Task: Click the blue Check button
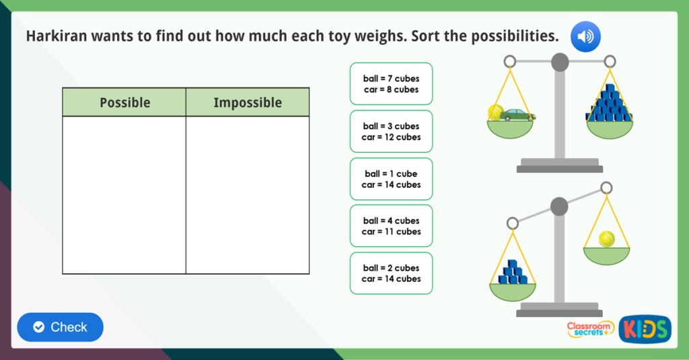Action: pyautogui.click(x=61, y=327)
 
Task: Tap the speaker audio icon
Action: pyautogui.click(x=585, y=37)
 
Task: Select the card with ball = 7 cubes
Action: pyautogui.click(x=391, y=84)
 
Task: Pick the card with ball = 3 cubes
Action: pyautogui.click(x=391, y=131)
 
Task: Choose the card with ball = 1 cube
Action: pyautogui.click(x=391, y=179)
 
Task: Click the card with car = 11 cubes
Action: pyautogui.click(x=391, y=226)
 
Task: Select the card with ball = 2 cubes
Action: pyautogui.click(x=391, y=273)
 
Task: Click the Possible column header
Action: pyautogui.click(x=124, y=102)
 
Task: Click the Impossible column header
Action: pyautogui.click(x=248, y=102)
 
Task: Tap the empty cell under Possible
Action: pyautogui.click(x=124, y=195)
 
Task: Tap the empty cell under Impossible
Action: pyautogui.click(x=248, y=195)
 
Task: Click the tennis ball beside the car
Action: pyautogui.click(x=495, y=112)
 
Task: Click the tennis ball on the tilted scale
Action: pyautogui.click(x=607, y=238)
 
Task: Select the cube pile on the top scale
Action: pyautogui.click(x=610, y=104)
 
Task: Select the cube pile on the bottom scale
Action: pyautogui.click(x=513, y=272)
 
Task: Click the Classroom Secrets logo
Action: pyautogui.click(x=590, y=328)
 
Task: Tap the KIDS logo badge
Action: pyautogui.click(x=645, y=328)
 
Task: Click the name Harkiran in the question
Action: pyautogui.click(x=54, y=36)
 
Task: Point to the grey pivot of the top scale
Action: pyautogui.click(x=560, y=63)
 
